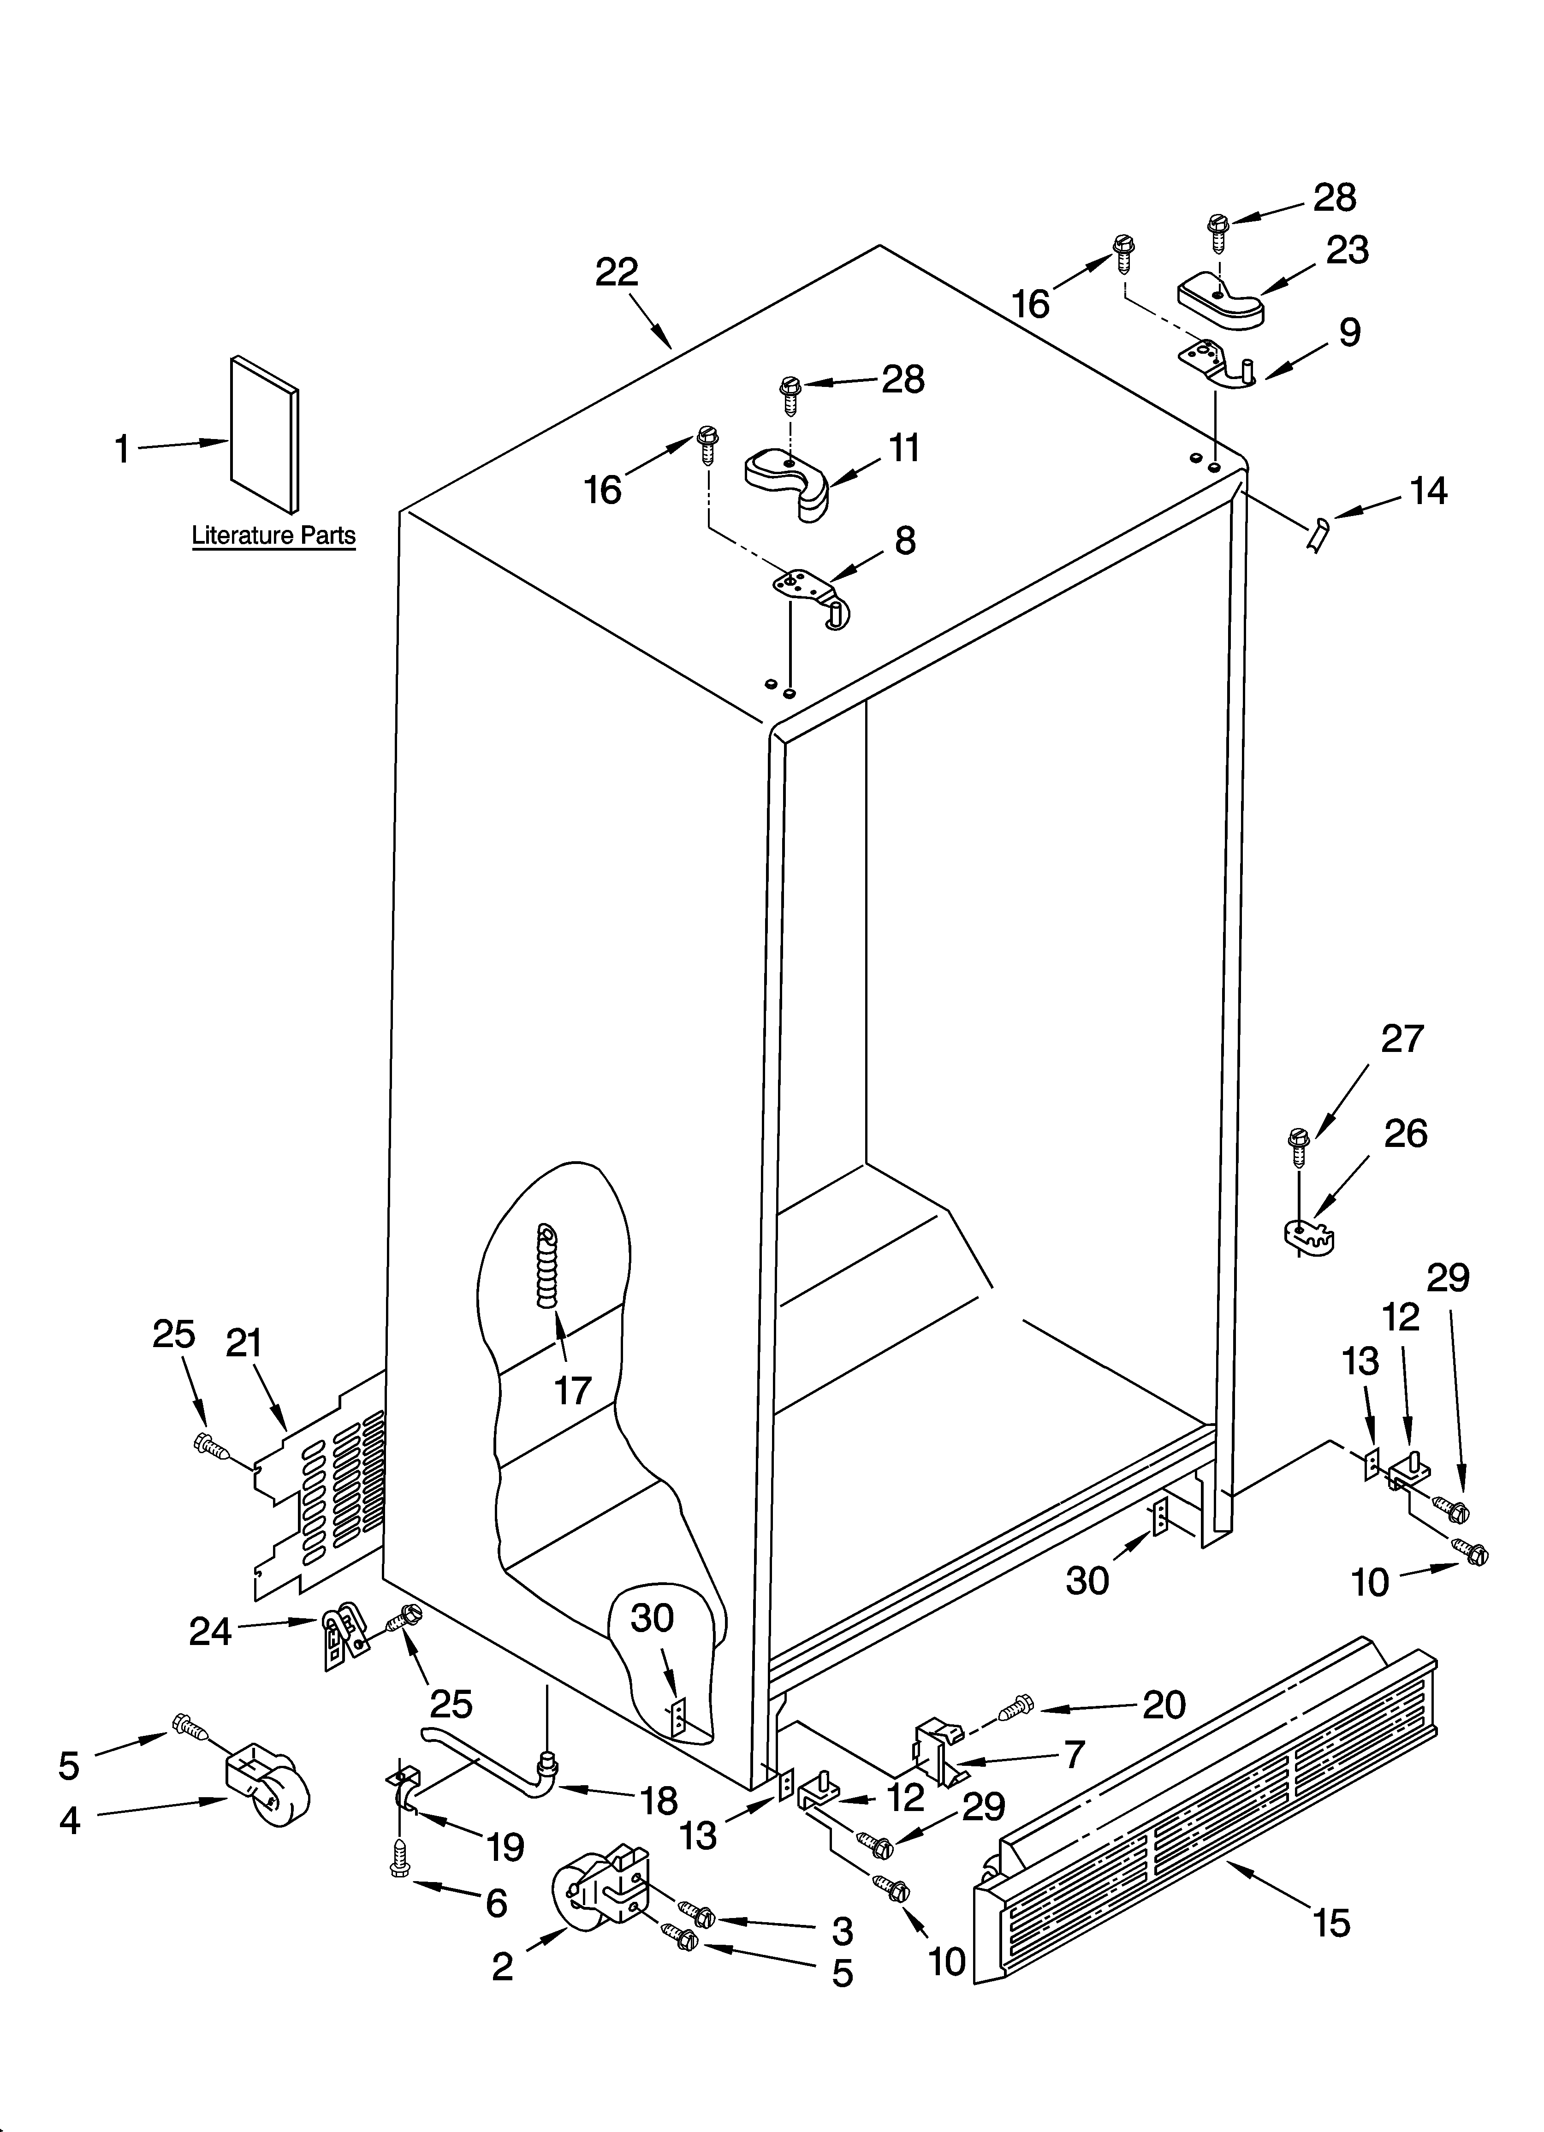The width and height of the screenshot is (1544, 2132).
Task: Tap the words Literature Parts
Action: click(273, 536)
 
